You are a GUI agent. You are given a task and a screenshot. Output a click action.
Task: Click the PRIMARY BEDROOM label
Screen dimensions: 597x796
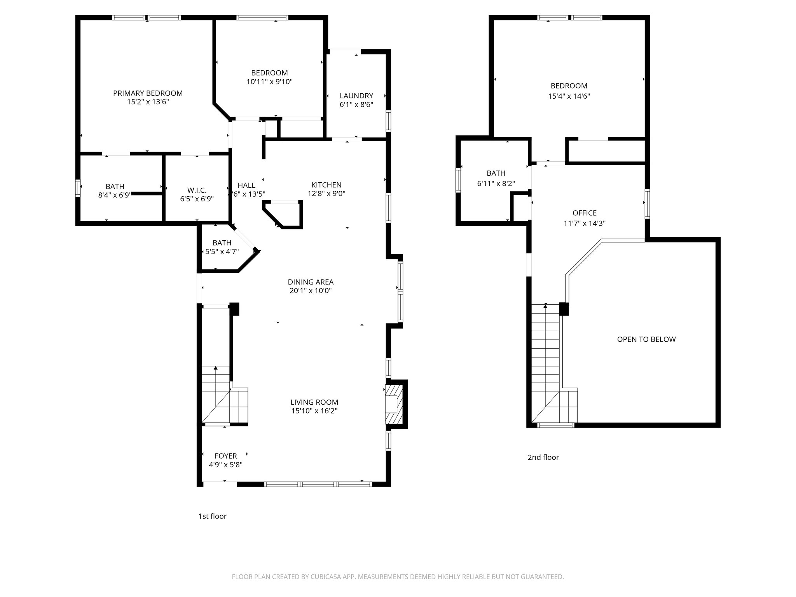[148, 93]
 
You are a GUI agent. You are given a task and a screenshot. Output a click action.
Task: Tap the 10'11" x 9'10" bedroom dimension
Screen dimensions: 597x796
[269, 82]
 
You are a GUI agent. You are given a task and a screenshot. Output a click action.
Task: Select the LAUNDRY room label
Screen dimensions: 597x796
[356, 96]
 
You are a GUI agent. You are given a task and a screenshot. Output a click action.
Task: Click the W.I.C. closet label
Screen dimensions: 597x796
[197, 190]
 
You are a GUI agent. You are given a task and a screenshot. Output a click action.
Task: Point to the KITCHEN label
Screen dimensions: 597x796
[326, 185]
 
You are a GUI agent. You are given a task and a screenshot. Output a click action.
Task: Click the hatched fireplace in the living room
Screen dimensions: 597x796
[394, 404]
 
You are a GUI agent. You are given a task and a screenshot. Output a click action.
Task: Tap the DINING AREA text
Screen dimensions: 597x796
[311, 282]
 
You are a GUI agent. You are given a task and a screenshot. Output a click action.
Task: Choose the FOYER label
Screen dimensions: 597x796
[225, 456]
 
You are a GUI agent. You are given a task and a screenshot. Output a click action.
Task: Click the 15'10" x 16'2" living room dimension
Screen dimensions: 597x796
[314, 411]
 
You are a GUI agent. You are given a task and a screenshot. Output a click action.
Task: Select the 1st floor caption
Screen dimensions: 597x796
[212, 516]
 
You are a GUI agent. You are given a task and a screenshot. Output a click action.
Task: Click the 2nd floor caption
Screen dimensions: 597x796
[543, 457]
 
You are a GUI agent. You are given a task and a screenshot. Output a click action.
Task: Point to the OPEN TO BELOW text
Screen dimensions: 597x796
[646, 339]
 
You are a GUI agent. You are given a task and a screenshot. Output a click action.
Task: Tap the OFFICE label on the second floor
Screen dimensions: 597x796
[584, 213]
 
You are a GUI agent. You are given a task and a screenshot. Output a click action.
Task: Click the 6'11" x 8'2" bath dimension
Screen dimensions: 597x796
[496, 183]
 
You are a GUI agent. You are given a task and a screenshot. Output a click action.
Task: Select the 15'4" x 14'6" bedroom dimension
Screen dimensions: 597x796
[569, 96]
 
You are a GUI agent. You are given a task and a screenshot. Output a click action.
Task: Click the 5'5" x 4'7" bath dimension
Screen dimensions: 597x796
[222, 252]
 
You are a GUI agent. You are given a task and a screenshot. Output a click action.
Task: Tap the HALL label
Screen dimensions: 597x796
[246, 185]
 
